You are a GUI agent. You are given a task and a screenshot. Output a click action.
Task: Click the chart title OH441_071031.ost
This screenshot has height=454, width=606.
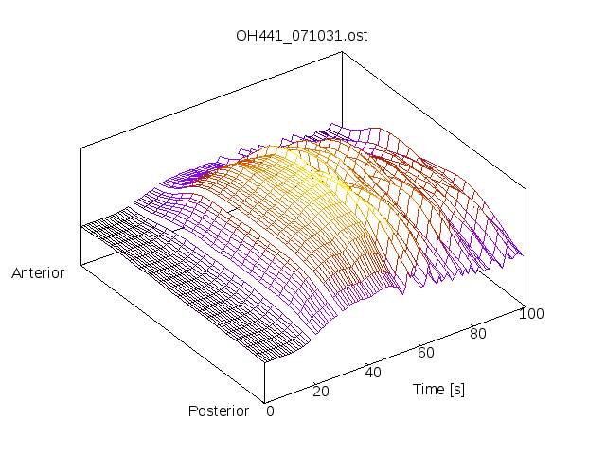coord(302,37)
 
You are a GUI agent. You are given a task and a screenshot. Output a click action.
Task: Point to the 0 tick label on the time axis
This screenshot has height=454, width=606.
coord(270,410)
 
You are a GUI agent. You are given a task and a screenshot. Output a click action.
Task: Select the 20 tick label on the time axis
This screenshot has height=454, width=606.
coord(320,392)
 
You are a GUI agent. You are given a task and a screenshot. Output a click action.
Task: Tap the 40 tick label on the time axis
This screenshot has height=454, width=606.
coord(373,372)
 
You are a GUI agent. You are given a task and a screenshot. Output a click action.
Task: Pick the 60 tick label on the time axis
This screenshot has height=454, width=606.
coord(426,352)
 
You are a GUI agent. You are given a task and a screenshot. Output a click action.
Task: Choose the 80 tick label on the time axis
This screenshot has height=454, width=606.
coord(479,333)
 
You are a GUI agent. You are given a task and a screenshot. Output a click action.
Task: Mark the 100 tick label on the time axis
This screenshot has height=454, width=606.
coord(532,314)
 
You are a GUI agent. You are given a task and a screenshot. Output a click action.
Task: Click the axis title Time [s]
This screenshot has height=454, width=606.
coord(438,389)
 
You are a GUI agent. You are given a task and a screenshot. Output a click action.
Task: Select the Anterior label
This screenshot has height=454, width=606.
coord(38,273)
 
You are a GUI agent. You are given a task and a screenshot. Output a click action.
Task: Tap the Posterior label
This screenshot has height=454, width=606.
coord(218,410)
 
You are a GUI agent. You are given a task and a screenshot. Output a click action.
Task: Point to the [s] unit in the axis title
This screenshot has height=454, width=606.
coord(456,389)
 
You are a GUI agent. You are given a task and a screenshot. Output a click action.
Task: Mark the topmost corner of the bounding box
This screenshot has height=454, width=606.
coord(341,52)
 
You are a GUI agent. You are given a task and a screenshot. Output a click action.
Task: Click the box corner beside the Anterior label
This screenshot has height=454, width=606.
coord(80,264)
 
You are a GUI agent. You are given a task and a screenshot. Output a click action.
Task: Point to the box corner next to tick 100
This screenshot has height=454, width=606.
coord(524,305)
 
